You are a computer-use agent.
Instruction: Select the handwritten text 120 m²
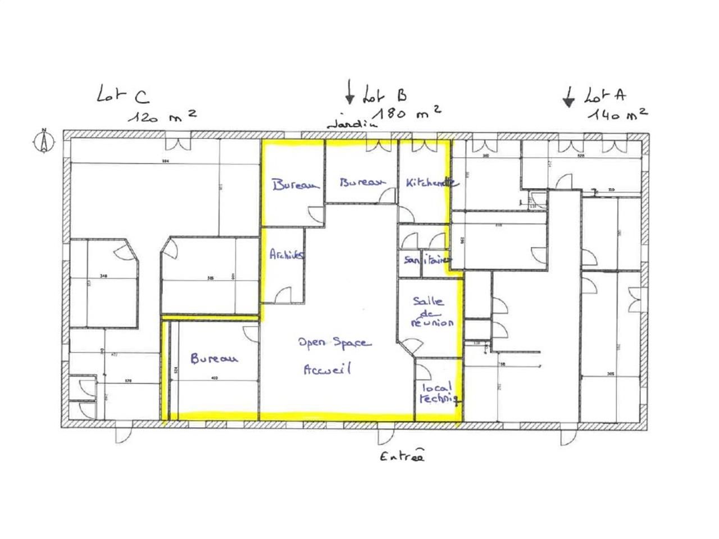(161, 116)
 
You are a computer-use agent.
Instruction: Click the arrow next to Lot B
(349, 92)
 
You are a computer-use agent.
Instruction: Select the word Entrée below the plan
(401, 456)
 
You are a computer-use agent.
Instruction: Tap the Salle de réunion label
(431, 312)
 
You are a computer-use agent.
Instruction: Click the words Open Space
(334, 342)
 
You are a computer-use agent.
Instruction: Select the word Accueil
(327, 369)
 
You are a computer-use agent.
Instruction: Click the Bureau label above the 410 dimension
(214, 358)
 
